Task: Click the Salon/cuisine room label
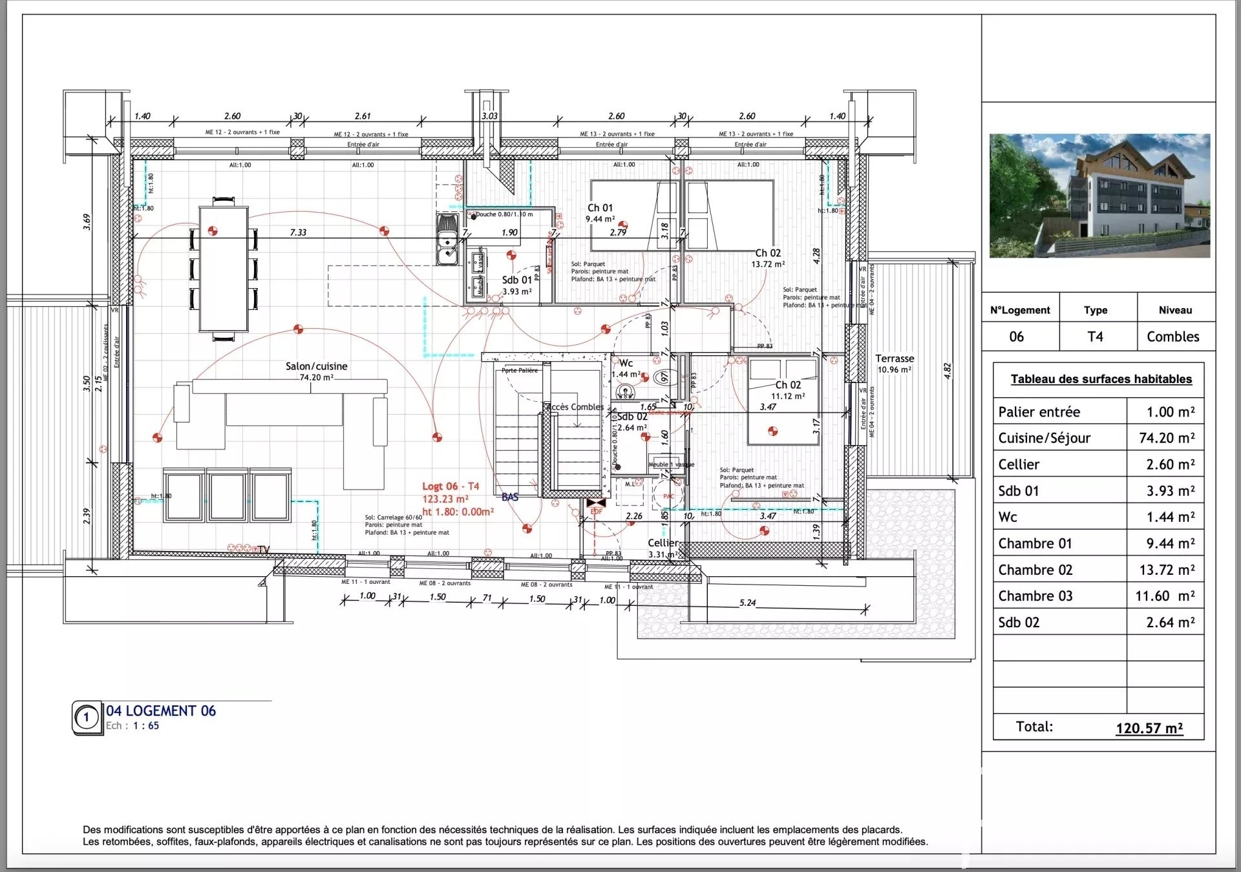(316, 366)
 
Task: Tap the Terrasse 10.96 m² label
(895, 364)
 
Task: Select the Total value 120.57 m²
(1149, 728)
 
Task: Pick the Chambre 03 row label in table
(1035, 596)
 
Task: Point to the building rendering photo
(1099, 196)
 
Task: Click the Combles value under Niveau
(1172, 337)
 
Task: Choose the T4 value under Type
(1095, 337)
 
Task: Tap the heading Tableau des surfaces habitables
(1101, 379)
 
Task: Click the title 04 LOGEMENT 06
(161, 711)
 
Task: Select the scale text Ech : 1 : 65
(133, 726)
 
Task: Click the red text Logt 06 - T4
(451, 486)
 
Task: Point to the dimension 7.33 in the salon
(298, 233)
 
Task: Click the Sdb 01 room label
(516, 280)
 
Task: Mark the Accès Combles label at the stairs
(575, 407)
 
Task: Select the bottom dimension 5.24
(747, 603)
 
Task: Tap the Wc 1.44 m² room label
(626, 368)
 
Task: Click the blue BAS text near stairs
(510, 497)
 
